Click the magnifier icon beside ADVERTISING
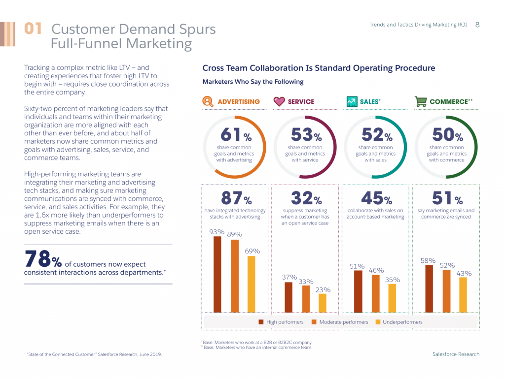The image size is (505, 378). tap(208, 101)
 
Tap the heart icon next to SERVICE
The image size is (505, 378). tap(279, 101)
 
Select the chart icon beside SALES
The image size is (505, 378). tap(351, 101)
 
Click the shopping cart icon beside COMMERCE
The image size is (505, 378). tap(421, 101)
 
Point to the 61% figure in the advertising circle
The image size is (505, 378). tap(234, 134)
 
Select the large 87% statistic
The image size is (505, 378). tap(236, 198)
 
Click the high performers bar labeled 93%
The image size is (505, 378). tap(217, 274)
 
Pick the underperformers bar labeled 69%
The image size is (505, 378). tap(252, 284)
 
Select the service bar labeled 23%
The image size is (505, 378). tap(323, 303)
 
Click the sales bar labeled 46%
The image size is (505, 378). tap(376, 293)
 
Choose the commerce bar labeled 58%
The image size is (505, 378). tap(429, 288)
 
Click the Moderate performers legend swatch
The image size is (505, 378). tap(314, 322)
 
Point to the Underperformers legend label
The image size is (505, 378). tap(402, 322)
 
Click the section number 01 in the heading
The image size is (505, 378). tap(33, 29)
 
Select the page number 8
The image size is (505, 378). tap(477, 25)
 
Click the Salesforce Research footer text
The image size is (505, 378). tap(456, 354)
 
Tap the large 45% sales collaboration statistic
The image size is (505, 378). tap(376, 198)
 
